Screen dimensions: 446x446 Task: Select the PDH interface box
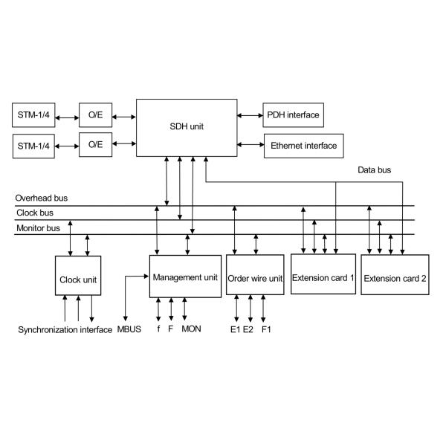pyautogui.click(x=292, y=115)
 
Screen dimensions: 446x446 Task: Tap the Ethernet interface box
pyautogui.click(x=304, y=146)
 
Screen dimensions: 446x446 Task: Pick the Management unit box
pyautogui.click(x=185, y=277)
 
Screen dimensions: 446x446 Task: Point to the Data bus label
pyautogui.click(x=374, y=170)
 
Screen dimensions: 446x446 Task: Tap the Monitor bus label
pyautogui.click(x=38, y=228)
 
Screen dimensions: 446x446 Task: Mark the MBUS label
pyautogui.click(x=129, y=329)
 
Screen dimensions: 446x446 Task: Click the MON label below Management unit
pyautogui.click(x=191, y=329)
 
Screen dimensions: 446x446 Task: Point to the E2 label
pyautogui.click(x=249, y=329)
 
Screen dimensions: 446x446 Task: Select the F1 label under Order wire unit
pyautogui.click(x=266, y=329)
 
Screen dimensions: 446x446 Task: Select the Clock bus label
pyautogui.click(x=32, y=213)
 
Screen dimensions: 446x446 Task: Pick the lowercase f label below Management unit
pyautogui.click(x=158, y=329)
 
